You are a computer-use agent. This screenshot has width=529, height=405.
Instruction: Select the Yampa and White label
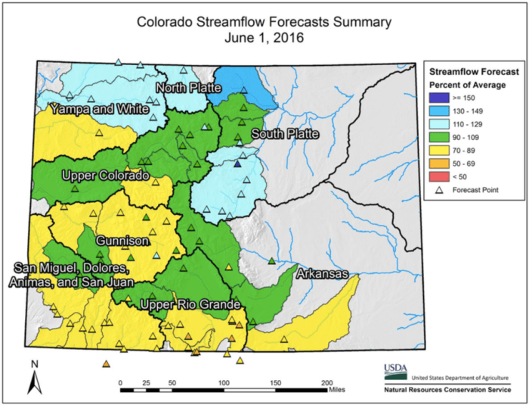pyautogui.click(x=98, y=110)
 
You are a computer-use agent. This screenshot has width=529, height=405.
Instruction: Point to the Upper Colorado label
pyautogui.click(x=105, y=176)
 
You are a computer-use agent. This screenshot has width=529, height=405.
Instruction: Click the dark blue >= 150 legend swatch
pyautogui.click(x=438, y=97)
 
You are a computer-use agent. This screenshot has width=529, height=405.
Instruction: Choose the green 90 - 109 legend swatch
pyautogui.click(x=438, y=137)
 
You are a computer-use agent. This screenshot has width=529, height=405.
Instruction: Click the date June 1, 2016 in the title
pyautogui.click(x=264, y=38)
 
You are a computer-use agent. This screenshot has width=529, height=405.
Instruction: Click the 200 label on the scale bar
pyautogui.click(x=326, y=382)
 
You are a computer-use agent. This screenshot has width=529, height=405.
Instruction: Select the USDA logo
pyautogui.click(x=394, y=370)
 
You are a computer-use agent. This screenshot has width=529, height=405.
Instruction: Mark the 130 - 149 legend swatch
pyautogui.click(x=438, y=111)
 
